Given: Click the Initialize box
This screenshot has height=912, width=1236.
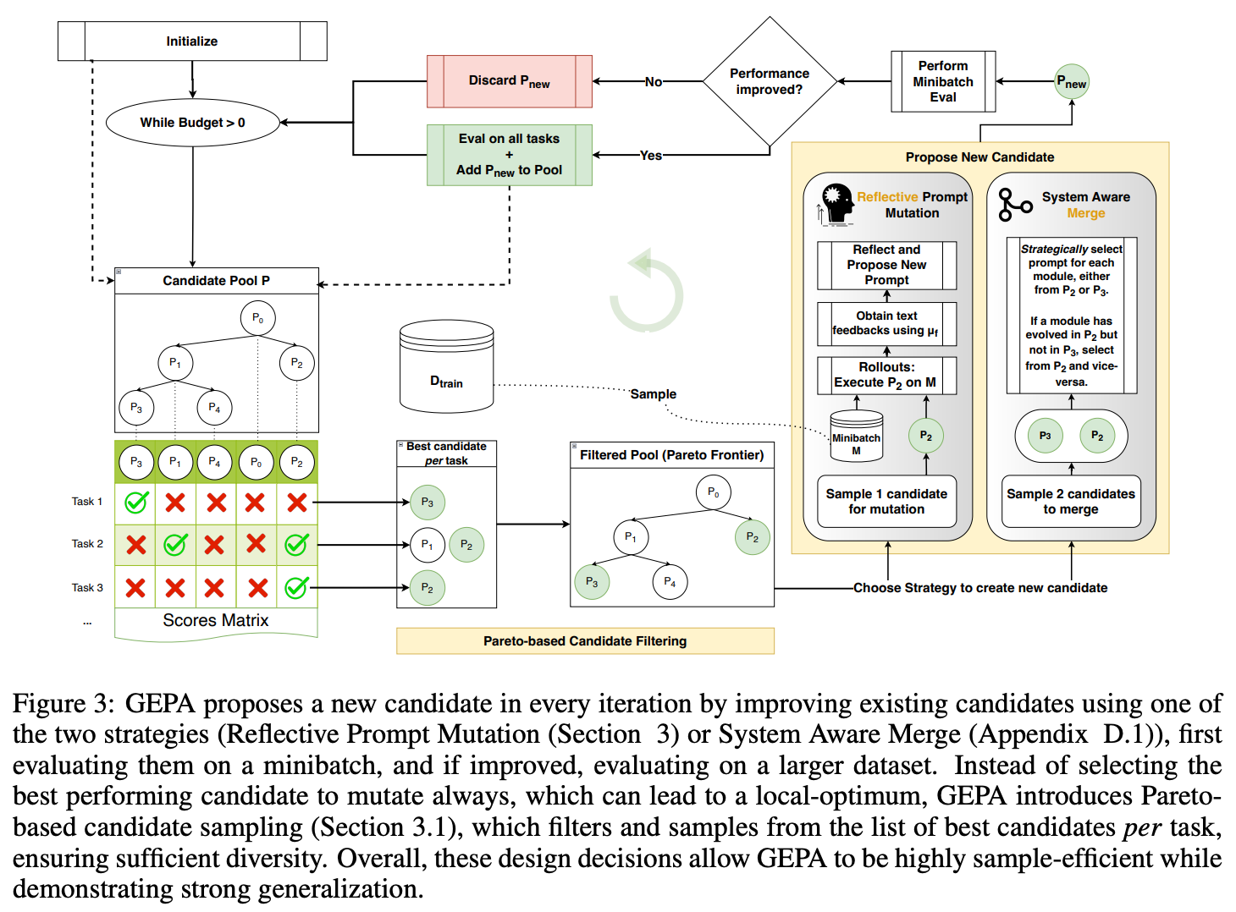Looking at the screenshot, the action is (x=192, y=41).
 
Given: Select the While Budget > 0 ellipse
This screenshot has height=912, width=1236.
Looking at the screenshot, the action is (x=193, y=123).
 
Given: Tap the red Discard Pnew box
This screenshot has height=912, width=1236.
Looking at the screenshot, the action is (x=510, y=81).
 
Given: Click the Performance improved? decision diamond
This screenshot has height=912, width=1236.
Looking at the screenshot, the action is (x=770, y=81).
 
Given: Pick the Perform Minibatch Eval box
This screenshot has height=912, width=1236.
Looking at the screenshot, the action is (x=943, y=81).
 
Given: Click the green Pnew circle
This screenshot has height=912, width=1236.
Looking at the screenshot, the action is (x=1072, y=82).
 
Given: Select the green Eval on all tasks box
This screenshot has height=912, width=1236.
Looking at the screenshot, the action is (x=510, y=155).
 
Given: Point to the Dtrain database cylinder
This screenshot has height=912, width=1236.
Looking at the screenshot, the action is (x=446, y=366).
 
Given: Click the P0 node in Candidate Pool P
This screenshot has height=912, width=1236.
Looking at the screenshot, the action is (x=258, y=318).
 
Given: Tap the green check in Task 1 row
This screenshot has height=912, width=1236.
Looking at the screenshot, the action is (x=136, y=502).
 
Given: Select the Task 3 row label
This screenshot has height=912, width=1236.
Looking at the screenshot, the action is (x=87, y=587).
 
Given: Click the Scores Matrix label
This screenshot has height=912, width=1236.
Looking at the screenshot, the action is (x=216, y=620).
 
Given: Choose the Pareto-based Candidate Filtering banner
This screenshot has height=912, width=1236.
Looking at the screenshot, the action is (x=585, y=640).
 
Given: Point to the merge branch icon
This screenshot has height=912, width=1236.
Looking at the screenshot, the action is (x=1014, y=205).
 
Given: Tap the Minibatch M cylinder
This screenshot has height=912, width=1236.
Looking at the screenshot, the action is (x=856, y=437).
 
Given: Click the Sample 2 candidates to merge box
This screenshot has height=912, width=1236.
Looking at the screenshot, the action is (x=1071, y=502).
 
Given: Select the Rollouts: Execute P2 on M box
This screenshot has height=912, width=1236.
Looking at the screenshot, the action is (x=886, y=376).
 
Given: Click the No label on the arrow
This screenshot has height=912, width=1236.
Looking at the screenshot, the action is (x=653, y=82).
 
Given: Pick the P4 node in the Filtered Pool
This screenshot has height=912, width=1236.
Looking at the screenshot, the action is (x=670, y=582).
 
